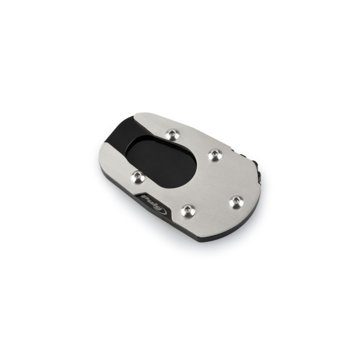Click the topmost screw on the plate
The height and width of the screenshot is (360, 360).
[x=173, y=134]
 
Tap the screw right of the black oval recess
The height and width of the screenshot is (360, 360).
[x=215, y=155]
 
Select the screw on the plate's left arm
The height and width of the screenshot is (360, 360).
[x=138, y=177]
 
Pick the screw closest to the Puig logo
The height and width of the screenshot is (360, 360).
[x=188, y=211]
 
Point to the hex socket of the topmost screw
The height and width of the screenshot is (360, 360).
[x=173, y=133]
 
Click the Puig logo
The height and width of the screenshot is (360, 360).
[x=154, y=205]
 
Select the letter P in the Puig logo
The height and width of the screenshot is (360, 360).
[x=145, y=198]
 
